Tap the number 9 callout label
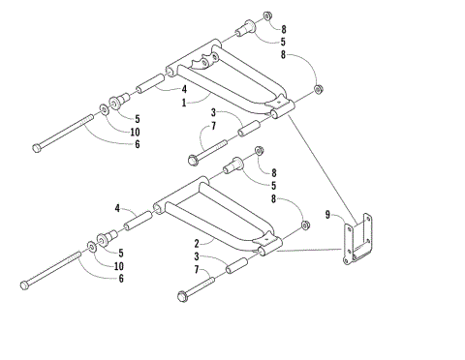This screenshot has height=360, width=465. (327, 215)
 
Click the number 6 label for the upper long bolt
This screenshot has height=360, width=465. (137, 144)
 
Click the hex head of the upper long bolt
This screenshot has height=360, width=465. (38, 147)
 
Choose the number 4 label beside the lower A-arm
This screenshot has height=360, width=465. (118, 208)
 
